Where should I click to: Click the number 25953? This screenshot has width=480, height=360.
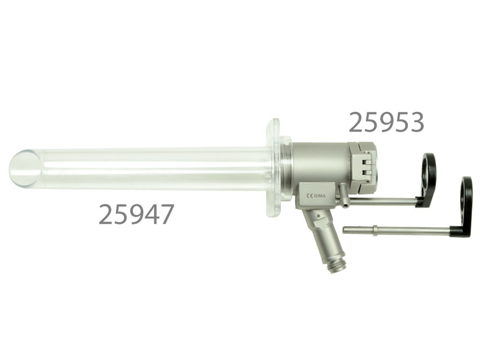click(x=387, y=122)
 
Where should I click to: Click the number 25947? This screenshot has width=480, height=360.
click(x=137, y=214)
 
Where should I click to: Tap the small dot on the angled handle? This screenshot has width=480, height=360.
click(x=319, y=217)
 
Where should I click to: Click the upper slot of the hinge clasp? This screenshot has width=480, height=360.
click(x=367, y=162)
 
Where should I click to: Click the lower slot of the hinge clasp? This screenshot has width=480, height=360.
click(x=367, y=172)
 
